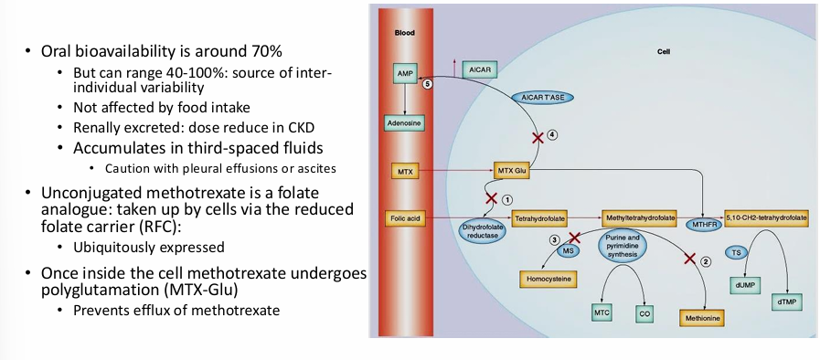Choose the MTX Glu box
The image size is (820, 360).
512,170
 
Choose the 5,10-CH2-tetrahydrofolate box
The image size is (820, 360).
766,219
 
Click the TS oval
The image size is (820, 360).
737,252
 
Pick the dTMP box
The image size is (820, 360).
786,302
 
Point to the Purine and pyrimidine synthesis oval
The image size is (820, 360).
623,247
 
